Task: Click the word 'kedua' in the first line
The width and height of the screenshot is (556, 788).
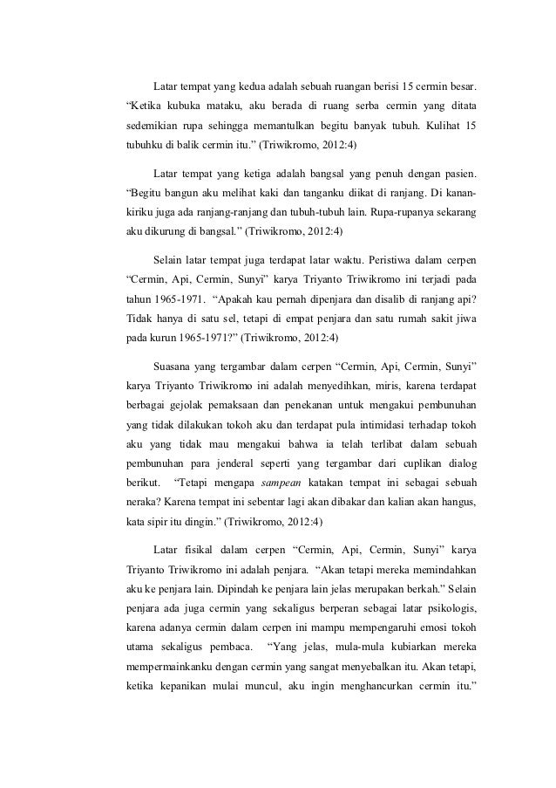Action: tap(259, 88)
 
